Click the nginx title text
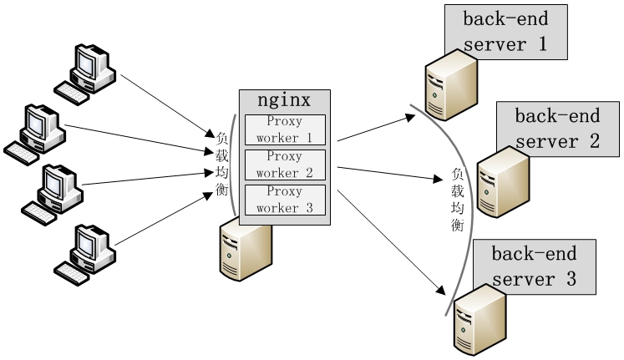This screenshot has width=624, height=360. (284, 101)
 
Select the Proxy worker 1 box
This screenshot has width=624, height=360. (284, 129)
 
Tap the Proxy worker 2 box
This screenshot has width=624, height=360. (284, 165)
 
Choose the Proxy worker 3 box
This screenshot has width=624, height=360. (284, 200)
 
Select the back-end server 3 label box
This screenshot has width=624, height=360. (534, 266)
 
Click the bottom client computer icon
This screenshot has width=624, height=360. (88, 250)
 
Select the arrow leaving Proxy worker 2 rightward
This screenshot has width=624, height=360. (388, 173)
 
